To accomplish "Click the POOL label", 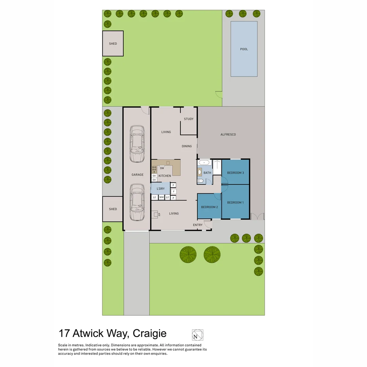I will tap(244, 49).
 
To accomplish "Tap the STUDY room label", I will tap(189, 119).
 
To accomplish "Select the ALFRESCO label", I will tap(228, 135).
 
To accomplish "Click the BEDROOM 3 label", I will tap(235, 173).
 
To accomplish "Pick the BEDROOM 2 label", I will tap(209, 207).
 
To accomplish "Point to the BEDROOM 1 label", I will tap(235, 203).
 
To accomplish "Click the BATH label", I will tap(207, 173).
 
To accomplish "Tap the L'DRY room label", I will tap(161, 189).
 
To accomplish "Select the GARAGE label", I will tap(138, 175).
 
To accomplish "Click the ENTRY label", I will tap(198, 225).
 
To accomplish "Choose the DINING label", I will tap(187, 146).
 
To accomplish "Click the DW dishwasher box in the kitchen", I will tap(162, 168).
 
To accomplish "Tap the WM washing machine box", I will tap(161, 197).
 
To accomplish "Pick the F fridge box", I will tap(173, 191).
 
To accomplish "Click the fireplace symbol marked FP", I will tap(155, 214).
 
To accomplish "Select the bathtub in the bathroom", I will tap(205, 163).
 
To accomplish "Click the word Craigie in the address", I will tap(150, 333).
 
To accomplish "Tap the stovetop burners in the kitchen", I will tap(154, 169).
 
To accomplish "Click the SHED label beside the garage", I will tap(113, 209).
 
